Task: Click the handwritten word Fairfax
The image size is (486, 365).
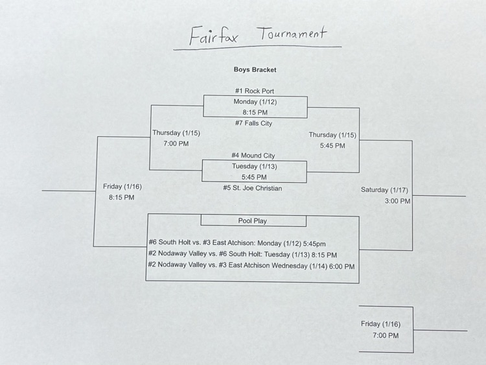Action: tap(213, 36)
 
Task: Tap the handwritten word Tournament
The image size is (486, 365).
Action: tap(293, 34)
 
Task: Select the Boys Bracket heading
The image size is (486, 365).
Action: tap(255, 69)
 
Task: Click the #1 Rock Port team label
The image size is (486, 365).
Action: tap(255, 91)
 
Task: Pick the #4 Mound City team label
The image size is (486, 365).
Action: tap(253, 156)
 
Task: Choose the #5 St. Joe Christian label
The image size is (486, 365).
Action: tap(253, 188)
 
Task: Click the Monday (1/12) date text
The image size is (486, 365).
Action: tap(255, 102)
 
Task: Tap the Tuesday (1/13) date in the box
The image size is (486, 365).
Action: tap(253, 166)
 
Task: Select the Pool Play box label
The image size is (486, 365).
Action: tap(253, 221)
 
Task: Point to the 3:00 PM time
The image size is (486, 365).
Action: tap(397, 201)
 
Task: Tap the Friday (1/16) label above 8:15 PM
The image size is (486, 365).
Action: tap(122, 187)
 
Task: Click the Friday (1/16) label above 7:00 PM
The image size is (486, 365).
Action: tap(380, 324)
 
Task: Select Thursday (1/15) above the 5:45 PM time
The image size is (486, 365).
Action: tap(332, 135)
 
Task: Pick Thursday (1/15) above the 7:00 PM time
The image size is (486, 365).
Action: tap(176, 133)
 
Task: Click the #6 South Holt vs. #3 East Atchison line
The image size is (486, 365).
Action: tap(237, 244)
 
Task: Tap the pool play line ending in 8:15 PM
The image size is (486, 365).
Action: tap(242, 255)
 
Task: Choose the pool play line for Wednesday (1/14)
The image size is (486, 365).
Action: tap(251, 266)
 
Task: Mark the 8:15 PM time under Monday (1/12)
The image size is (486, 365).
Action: tap(255, 112)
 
